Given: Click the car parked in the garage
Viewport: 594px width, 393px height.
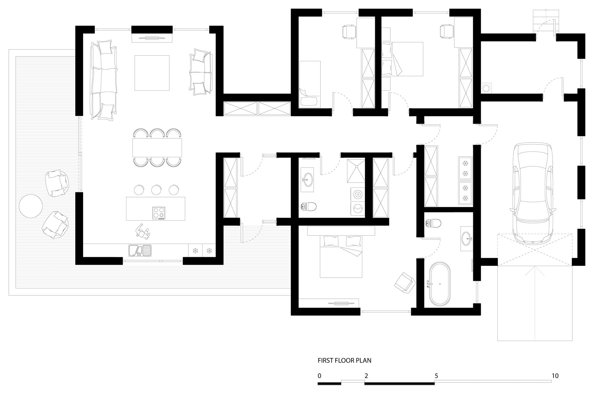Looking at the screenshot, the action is click(532, 193).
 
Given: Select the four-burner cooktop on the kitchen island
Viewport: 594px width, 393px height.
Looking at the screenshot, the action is click(158, 213).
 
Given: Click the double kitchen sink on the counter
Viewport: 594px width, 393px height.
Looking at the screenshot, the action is click(140, 251).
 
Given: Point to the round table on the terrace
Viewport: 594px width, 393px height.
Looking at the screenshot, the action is click(31, 206).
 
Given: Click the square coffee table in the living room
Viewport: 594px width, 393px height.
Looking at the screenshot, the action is click(152, 73).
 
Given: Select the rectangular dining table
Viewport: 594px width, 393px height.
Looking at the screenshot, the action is click(157, 148).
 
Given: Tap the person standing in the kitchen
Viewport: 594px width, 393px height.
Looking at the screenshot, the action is click(143, 231).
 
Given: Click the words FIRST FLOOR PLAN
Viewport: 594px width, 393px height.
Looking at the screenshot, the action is click(344, 360).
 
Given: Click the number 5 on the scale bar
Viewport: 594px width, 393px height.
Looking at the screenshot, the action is click(436, 376).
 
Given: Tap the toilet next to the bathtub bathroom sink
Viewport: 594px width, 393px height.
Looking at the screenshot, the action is click(433, 223).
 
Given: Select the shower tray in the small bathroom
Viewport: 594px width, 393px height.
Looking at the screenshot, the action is click(356, 170).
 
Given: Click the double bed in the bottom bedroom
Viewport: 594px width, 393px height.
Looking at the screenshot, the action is click(341, 256).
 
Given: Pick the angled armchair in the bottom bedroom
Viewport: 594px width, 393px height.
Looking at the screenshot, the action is click(405, 283).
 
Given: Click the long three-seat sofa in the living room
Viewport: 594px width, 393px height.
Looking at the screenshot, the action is click(104, 80).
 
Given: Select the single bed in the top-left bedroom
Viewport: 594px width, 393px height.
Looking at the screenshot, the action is click(310, 84).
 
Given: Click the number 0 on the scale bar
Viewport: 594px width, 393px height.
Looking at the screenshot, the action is click(319, 376).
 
